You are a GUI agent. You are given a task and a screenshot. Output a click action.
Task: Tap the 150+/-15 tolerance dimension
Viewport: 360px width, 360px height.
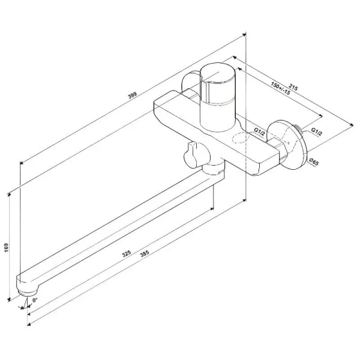point(280,88)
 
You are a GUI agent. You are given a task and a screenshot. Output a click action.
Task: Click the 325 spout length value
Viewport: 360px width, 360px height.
point(127,254)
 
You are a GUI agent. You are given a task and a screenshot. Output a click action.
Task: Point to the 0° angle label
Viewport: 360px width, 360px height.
point(35,299)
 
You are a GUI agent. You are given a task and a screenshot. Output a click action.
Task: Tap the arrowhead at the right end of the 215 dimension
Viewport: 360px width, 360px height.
point(352,125)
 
